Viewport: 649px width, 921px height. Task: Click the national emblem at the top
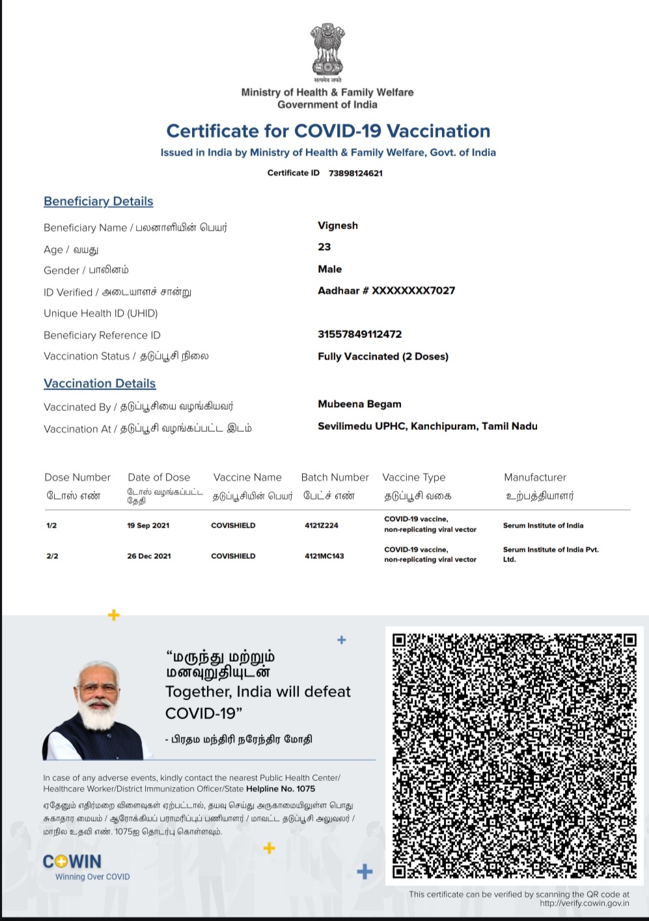click(x=327, y=50)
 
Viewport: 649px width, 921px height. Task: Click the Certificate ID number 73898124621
click(x=355, y=173)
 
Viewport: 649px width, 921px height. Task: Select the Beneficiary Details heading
click(x=98, y=201)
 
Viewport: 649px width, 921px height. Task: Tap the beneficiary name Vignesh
click(x=338, y=225)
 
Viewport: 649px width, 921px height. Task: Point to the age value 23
click(x=324, y=247)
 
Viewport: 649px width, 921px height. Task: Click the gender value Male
click(x=329, y=269)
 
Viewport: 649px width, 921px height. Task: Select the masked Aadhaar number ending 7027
click(x=386, y=290)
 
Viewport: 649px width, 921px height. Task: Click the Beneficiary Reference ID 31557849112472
click(x=359, y=334)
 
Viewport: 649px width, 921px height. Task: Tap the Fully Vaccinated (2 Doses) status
click(x=383, y=356)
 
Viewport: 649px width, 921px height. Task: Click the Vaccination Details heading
click(x=100, y=384)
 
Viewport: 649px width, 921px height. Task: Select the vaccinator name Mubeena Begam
click(x=359, y=404)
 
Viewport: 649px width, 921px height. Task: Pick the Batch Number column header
click(x=335, y=477)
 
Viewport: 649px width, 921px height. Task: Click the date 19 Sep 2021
click(x=148, y=526)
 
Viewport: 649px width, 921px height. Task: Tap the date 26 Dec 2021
click(x=149, y=556)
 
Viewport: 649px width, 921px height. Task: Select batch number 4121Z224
click(x=322, y=526)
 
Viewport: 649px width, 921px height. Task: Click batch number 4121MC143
click(x=324, y=556)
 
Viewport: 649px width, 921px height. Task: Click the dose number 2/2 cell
click(x=52, y=556)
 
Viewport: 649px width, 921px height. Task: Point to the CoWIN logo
click(x=72, y=862)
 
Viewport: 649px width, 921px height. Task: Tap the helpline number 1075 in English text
click(x=305, y=788)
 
